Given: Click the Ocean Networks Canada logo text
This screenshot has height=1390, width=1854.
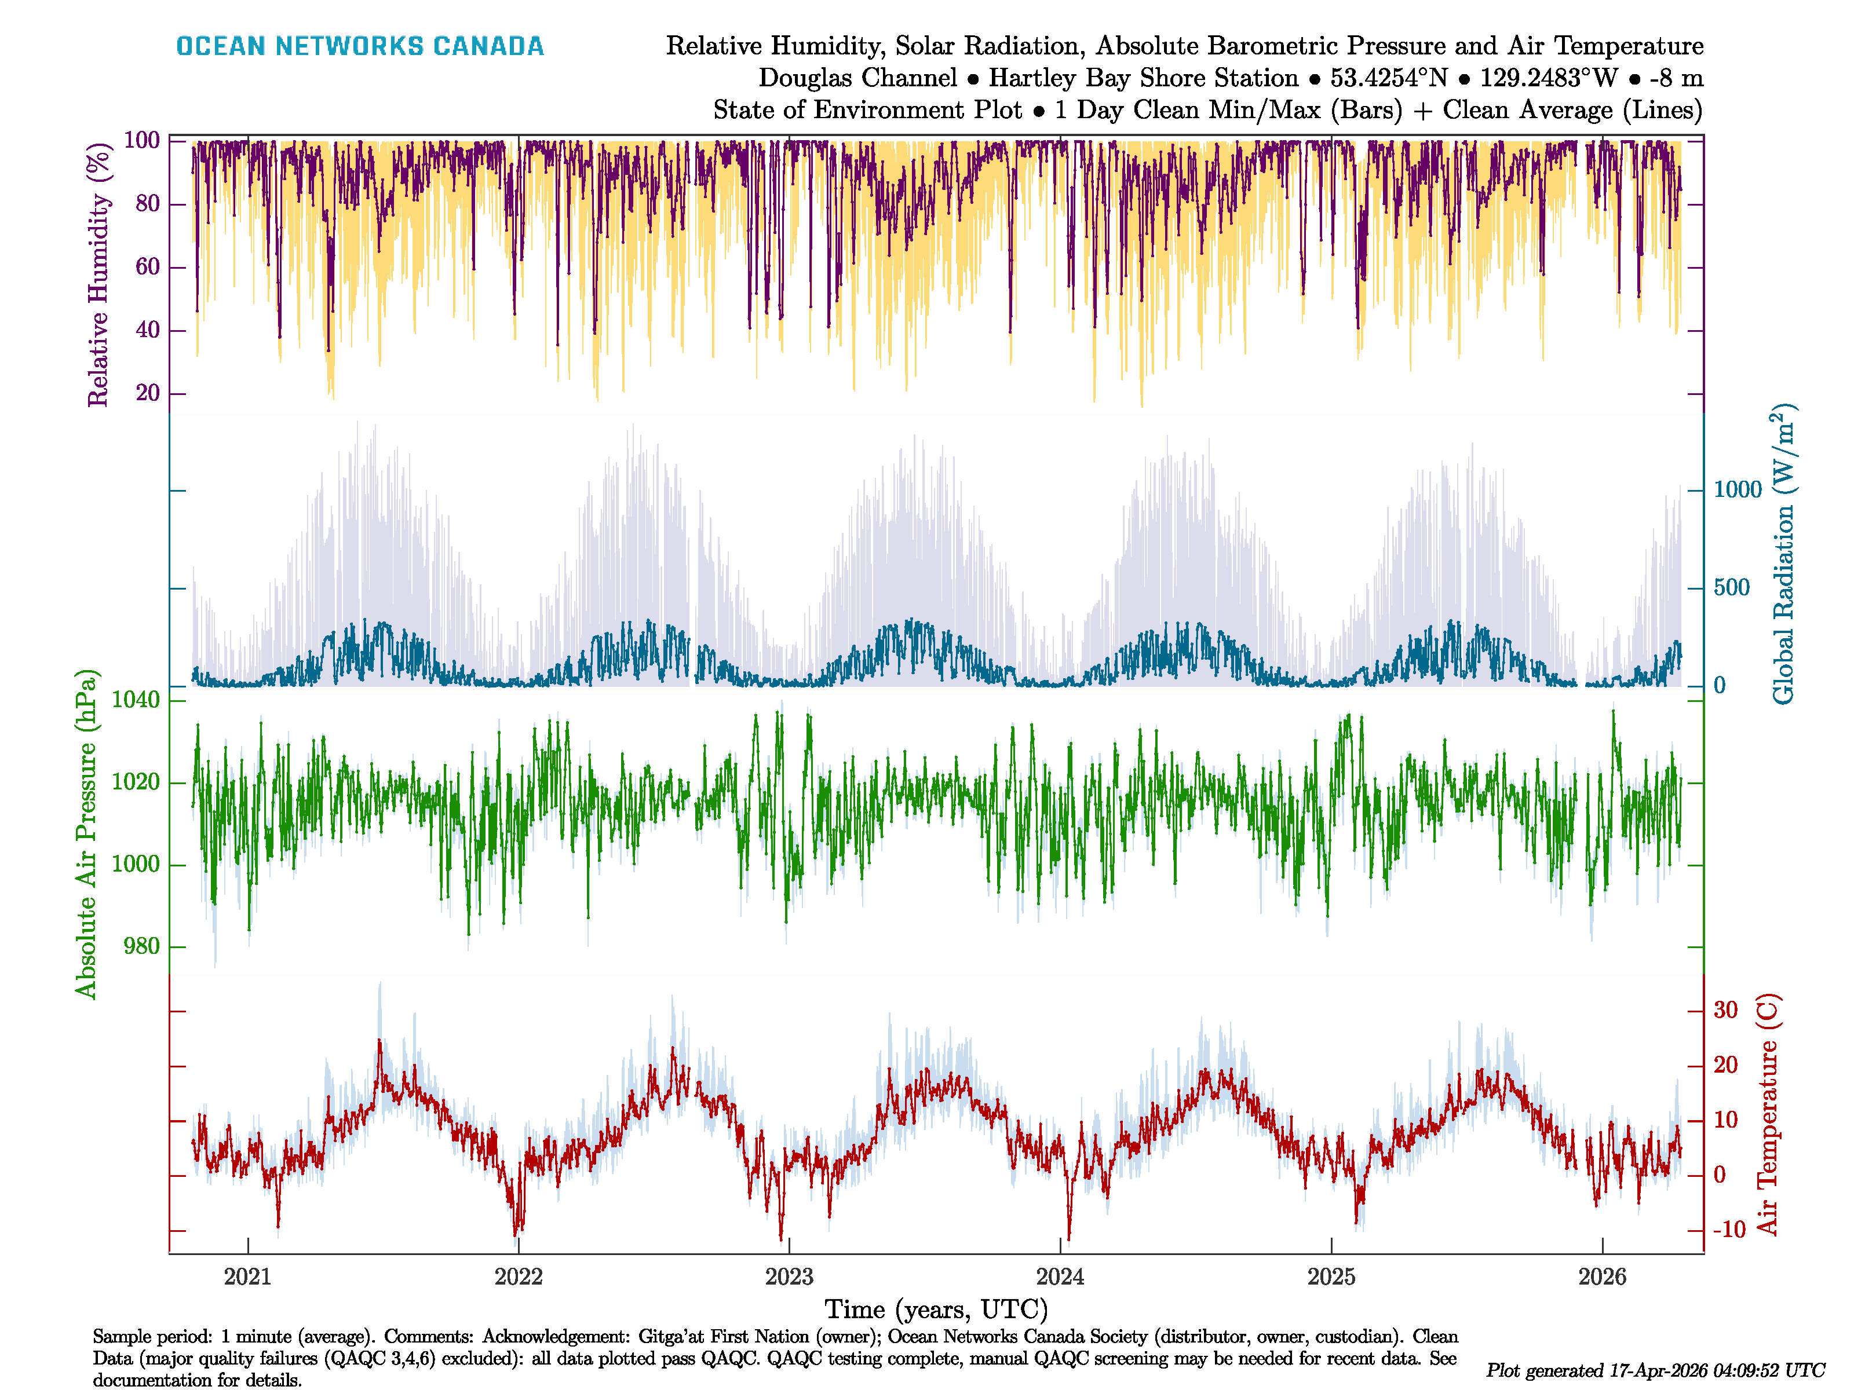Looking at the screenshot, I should pos(360,46).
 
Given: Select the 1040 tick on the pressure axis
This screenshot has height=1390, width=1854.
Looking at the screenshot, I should pos(136,700).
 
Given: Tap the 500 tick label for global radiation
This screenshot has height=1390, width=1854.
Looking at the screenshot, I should pos(1732,587).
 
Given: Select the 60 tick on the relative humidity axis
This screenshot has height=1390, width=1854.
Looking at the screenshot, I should pos(148,266).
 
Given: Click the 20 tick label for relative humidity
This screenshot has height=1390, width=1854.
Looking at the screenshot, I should pos(148,392).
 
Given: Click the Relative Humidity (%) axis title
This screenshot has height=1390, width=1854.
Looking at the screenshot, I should pos(99,275).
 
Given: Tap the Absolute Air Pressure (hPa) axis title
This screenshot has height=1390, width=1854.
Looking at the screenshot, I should pos(86,833).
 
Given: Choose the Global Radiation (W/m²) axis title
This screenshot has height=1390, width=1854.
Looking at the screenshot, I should pos(1783,555).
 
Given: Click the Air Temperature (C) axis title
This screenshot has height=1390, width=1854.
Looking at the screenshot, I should pos(1768,1114).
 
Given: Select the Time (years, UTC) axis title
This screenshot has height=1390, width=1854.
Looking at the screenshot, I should pos(936,1309).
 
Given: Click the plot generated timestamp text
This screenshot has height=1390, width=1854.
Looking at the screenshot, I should pos(1655,1370).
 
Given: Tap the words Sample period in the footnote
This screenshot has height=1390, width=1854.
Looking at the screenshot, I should pos(149,1336).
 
